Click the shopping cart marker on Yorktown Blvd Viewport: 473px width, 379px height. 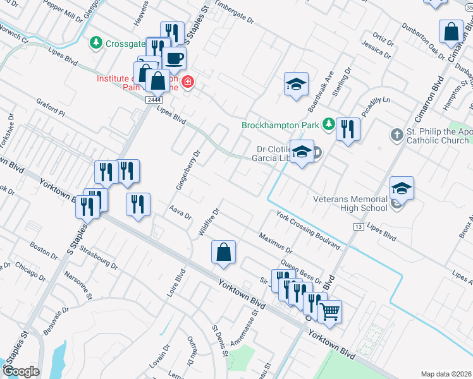coord(329,311)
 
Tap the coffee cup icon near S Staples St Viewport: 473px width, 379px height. coord(174,58)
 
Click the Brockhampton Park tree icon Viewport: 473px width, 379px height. coord(328,124)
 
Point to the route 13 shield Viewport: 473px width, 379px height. coord(359,226)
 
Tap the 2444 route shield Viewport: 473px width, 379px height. coord(154,100)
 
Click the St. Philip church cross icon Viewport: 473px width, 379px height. coord(396,134)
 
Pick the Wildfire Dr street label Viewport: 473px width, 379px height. coord(208,222)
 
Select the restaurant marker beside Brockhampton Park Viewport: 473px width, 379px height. coord(348,129)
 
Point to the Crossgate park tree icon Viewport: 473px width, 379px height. coord(95,42)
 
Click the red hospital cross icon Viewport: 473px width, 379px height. coord(187,83)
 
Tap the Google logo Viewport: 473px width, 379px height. coord(21,371)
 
